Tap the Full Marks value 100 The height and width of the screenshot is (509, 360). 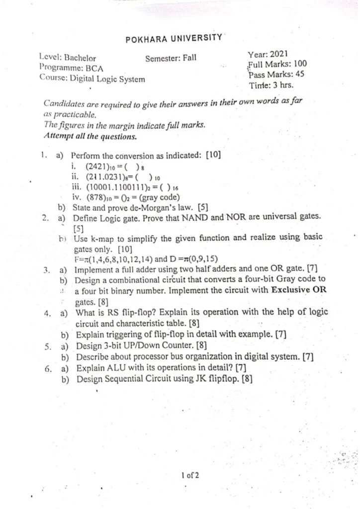point(300,64)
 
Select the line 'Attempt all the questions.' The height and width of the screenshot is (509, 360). point(90,136)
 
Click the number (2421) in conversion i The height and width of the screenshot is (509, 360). point(97,166)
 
